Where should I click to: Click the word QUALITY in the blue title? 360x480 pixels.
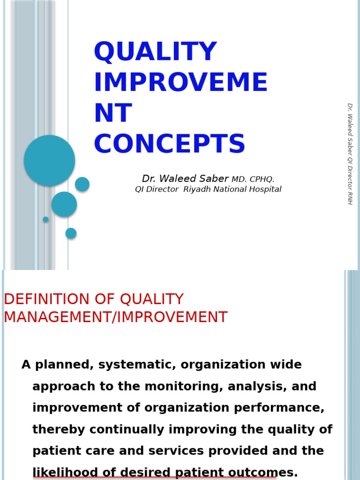155,52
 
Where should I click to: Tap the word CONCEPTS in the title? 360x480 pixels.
169,144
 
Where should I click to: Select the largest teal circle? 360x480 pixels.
49,160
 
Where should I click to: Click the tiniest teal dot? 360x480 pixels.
45,219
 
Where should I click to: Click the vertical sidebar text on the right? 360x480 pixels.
350,154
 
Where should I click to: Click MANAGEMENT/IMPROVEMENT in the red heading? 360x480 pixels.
115,317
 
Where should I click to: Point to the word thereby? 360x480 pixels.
59,429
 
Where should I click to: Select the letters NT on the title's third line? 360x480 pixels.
112,114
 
